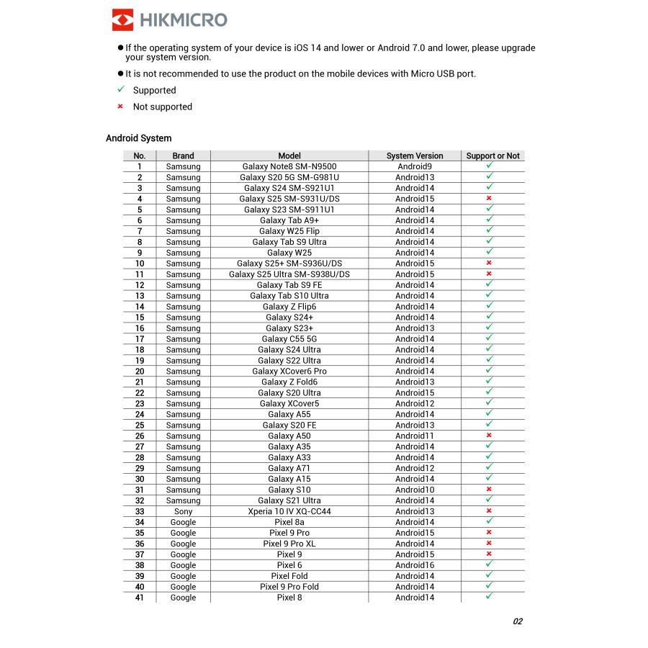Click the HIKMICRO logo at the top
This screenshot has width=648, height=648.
coord(169,19)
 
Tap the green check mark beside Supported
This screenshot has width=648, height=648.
coord(121,90)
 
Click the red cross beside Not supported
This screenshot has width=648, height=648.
coord(121,107)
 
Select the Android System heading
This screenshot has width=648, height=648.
coord(138,138)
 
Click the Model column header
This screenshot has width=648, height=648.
coord(289,156)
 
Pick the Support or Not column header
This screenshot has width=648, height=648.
coord(492,156)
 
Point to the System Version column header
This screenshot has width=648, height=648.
coord(415,156)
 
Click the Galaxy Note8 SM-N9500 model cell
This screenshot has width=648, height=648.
coord(289,166)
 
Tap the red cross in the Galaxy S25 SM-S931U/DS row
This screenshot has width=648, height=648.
coord(489,199)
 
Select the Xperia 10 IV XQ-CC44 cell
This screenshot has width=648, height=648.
coord(289,511)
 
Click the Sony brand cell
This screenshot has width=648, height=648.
coord(183,511)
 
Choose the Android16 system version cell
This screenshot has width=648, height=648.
coord(415,565)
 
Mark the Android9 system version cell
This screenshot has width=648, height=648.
coord(415,166)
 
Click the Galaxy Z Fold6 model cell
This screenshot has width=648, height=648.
coord(289,382)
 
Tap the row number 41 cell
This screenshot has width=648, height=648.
coord(140,598)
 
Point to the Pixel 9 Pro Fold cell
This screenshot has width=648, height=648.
coord(289,587)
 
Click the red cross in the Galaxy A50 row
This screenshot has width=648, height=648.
coord(489,436)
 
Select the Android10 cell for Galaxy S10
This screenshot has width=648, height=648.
coord(415,490)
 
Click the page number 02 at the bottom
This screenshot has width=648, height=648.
coord(518,621)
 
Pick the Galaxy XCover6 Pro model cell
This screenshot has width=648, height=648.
coord(289,371)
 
